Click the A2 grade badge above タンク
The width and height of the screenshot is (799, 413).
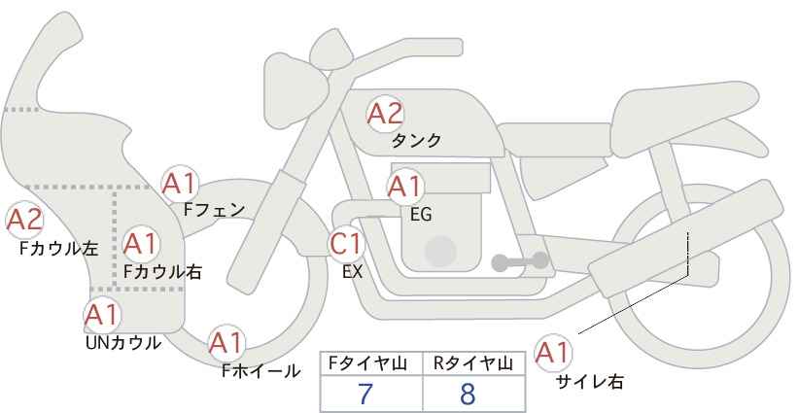(x=384, y=114)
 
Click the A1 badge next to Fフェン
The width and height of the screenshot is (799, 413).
(x=180, y=182)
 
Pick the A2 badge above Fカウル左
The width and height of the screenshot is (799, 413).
(x=24, y=221)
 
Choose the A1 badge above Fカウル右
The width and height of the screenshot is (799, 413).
(x=141, y=242)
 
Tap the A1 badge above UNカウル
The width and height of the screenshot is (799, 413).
(x=101, y=314)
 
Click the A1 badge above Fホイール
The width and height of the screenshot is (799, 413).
(x=226, y=343)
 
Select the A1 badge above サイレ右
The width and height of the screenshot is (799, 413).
(x=554, y=352)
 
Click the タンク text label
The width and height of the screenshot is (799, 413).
(x=416, y=140)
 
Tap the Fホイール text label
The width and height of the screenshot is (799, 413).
(x=261, y=371)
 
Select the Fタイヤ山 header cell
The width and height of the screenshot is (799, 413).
(x=370, y=363)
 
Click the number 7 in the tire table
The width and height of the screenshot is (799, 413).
(x=365, y=394)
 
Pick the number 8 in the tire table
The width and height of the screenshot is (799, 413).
(x=469, y=394)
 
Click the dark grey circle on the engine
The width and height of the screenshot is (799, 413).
(x=440, y=253)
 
